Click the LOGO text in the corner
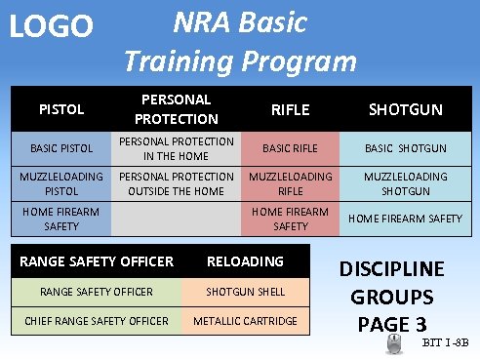(x=50, y=26)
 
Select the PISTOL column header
(x=61, y=109)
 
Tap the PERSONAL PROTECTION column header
(x=176, y=109)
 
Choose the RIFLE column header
(x=290, y=109)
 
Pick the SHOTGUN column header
(x=405, y=109)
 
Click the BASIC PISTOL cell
(x=61, y=148)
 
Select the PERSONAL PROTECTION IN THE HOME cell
(x=176, y=148)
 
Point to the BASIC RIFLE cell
(x=290, y=148)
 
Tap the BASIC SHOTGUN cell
(x=405, y=148)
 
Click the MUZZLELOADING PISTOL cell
(x=61, y=183)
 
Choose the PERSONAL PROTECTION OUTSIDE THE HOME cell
(x=176, y=183)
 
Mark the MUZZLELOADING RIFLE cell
(x=290, y=183)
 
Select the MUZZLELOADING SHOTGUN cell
(x=405, y=183)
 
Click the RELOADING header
(x=245, y=261)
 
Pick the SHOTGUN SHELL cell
(x=245, y=292)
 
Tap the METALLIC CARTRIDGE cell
(x=245, y=321)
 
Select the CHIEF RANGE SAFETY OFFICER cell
(x=97, y=321)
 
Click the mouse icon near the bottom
(x=393, y=342)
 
